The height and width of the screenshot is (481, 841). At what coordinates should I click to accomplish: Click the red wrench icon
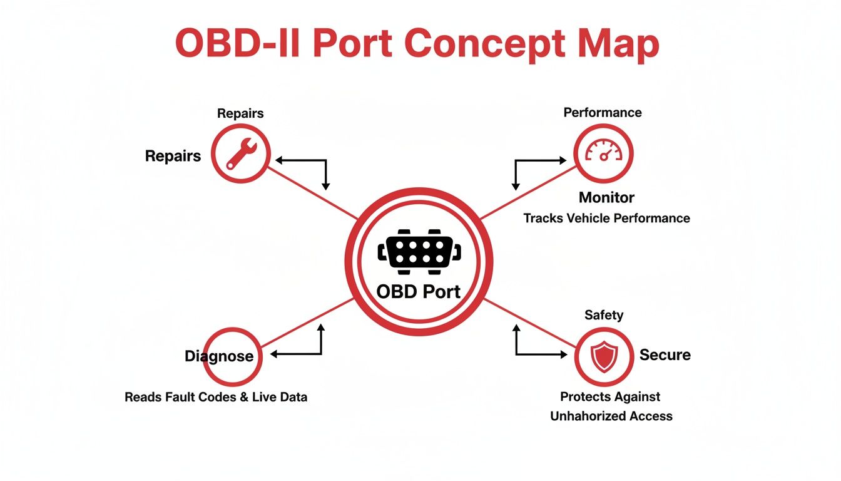pyautogui.click(x=240, y=153)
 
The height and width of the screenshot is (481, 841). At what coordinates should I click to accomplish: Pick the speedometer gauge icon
pyautogui.click(x=604, y=153)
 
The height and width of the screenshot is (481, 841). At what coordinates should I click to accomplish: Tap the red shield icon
pyautogui.click(x=604, y=356)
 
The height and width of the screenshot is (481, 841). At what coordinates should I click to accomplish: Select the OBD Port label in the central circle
pyautogui.click(x=419, y=291)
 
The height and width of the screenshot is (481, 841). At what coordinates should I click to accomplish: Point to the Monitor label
pyautogui.click(x=606, y=198)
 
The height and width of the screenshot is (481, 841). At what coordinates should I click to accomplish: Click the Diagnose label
pyautogui.click(x=219, y=356)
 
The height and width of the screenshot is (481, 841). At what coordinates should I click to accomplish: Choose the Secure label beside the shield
pyautogui.click(x=665, y=355)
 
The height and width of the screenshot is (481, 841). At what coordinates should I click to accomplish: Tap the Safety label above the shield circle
pyautogui.click(x=604, y=315)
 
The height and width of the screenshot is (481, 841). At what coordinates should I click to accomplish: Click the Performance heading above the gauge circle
pyautogui.click(x=603, y=113)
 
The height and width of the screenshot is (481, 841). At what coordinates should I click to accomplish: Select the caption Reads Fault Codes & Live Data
pyautogui.click(x=216, y=397)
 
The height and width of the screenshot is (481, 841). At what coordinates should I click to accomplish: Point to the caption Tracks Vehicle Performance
pyautogui.click(x=606, y=218)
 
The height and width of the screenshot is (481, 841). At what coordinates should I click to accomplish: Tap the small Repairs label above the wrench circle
pyautogui.click(x=240, y=113)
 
